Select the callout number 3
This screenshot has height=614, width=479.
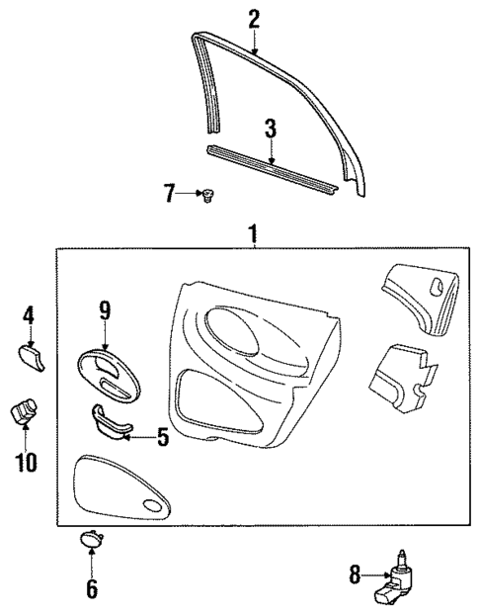[269, 130]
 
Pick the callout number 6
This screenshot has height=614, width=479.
[91, 589]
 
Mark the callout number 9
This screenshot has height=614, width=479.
[104, 310]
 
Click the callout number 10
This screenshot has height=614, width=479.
[28, 461]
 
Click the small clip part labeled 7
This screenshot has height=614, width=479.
[208, 197]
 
